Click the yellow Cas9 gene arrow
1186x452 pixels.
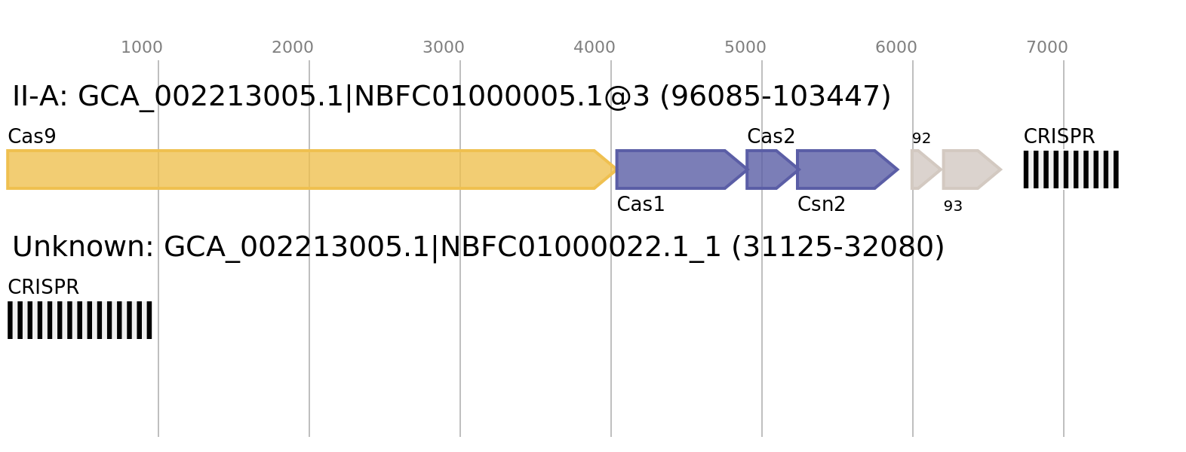click(312, 169)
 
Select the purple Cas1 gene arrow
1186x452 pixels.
click(681, 169)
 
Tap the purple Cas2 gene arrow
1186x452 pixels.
click(772, 169)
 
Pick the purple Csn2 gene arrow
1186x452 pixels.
click(847, 169)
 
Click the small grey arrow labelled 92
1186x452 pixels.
click(926, 169)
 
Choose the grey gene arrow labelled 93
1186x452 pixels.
click(972, 169)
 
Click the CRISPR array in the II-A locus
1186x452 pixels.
click(1071, 169)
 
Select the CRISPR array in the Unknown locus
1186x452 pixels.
click(80, 320)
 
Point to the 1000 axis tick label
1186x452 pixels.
click(142, 47)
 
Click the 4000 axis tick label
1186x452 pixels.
click(595, 47)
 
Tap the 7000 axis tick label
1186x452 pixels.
click(1047, 47)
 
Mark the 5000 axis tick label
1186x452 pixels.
click(745, 47)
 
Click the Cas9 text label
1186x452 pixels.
click(32, 136)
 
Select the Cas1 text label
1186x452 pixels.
click(641, 204)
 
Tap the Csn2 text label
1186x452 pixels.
click(821, 204)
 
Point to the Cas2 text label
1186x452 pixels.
click(771, 136)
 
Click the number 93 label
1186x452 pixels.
click(953, 206)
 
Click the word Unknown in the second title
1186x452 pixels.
click(82, 247)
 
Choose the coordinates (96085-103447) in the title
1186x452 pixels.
click(776, 96)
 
